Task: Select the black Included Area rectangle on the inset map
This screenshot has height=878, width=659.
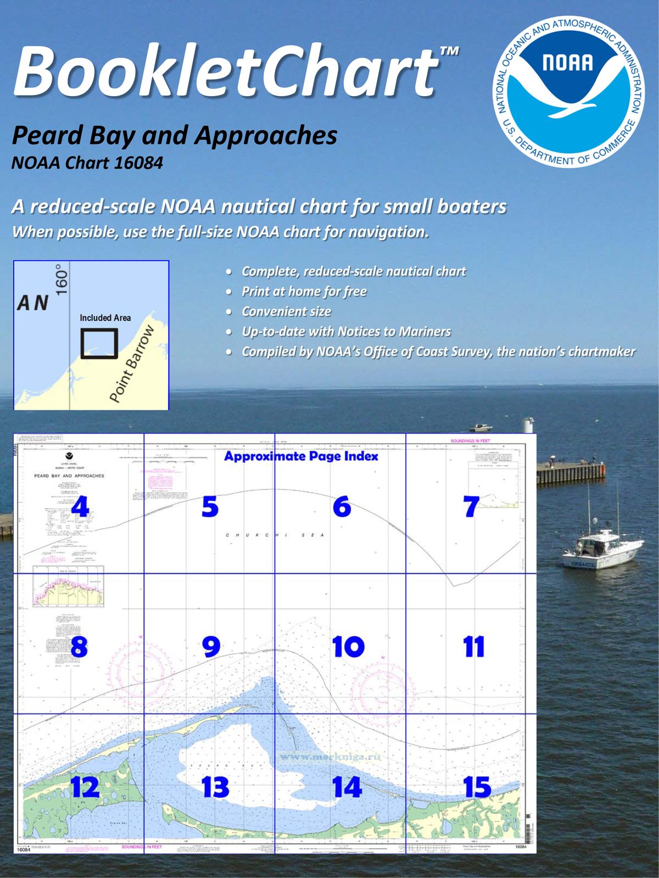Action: (99, 343)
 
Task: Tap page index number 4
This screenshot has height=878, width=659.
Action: (80, 506)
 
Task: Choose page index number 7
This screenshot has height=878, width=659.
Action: (471, 506)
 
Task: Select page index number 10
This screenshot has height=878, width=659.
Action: (348, 647)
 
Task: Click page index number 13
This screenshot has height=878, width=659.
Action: (215, 787)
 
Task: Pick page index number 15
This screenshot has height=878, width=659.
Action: (477, 787)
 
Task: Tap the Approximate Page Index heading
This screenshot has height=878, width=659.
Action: (301, 456)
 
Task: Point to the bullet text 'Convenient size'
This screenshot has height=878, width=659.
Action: (286, 312)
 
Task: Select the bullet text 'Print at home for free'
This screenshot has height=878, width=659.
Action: (304, 292)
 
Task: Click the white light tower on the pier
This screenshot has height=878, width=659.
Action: (529, 426)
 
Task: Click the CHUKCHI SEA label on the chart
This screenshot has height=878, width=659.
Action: (275, 535)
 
